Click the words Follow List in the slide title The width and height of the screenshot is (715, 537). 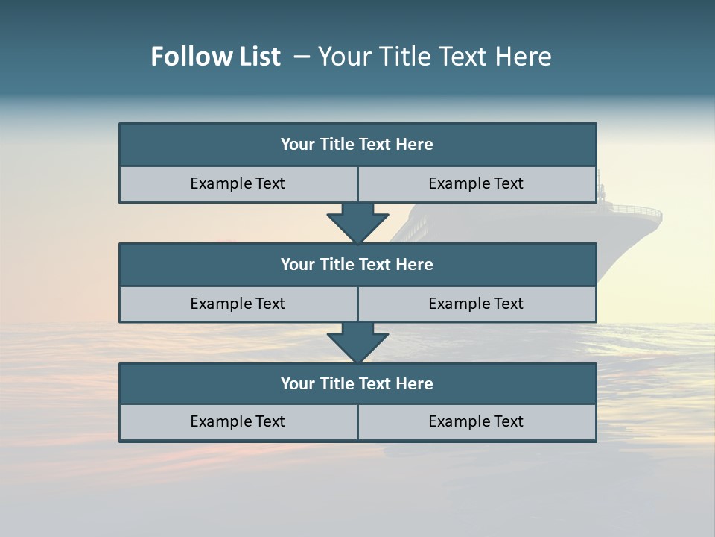point(215,57)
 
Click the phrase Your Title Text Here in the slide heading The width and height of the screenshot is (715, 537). point(434,57)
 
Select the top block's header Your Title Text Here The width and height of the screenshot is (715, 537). point(357,145)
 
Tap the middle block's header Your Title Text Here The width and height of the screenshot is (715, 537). point(357,264)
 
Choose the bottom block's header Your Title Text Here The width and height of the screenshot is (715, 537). point(357,383)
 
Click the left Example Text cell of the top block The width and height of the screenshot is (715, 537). point(238,183)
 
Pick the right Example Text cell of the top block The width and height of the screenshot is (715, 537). point(476,183)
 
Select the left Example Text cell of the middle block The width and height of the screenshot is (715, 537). point(238,304)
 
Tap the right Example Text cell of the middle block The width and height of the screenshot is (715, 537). point(476,304)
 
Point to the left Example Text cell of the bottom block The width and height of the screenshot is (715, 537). point(238,421)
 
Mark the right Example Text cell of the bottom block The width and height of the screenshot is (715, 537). point(476,421)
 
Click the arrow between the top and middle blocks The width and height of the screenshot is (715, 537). point(357,223)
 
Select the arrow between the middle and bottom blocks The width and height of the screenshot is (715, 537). point(357,342)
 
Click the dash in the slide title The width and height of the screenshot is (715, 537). point(302,57)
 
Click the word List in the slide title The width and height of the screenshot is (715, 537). point(258,57)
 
